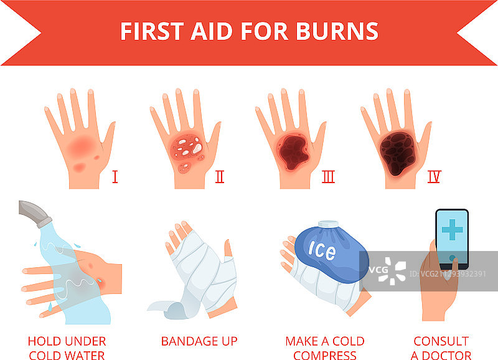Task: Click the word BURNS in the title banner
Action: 337,31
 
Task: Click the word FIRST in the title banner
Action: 152,31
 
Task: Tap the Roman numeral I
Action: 115,177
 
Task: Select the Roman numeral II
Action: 220,177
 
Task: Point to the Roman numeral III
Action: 329,177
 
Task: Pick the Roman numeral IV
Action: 434,177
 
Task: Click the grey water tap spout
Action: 35,214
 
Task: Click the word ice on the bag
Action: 322,249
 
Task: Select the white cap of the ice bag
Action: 329,224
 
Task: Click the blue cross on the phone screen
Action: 452,229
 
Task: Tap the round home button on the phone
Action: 453,258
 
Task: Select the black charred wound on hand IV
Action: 398,153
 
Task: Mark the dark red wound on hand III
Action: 294,152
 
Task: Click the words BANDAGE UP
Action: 199,341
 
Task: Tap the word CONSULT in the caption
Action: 441,341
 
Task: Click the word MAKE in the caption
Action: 302,341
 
